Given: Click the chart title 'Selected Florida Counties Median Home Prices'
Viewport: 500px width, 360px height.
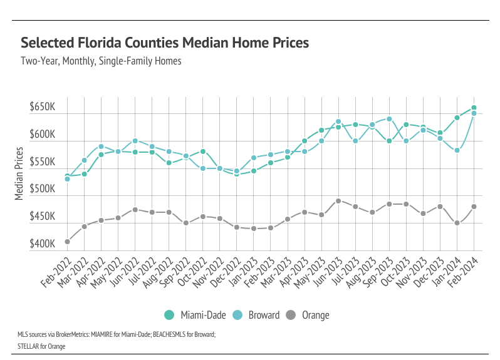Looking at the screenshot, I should tap(165, 43).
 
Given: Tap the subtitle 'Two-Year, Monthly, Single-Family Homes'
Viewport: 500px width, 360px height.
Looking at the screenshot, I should tap(101, 61).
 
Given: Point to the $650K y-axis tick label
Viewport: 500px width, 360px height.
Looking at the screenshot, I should tap(42, 108).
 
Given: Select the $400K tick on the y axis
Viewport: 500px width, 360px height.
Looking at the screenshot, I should tap(42, 244).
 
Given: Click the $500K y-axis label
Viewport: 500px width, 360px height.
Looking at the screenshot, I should tap(42, 189).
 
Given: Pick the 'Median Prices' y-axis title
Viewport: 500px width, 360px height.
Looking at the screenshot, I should tap(19, 173).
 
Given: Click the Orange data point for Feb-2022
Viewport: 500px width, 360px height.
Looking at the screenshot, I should tap(67, 242).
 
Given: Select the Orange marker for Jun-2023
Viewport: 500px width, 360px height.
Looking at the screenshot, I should tap(338, 201).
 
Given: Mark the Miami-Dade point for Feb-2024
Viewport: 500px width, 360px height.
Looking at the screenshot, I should tap(474, 108).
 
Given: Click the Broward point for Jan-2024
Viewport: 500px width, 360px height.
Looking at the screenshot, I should tap(457, 150).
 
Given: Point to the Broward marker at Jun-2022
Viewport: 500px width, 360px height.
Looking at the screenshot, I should tap(135, 141).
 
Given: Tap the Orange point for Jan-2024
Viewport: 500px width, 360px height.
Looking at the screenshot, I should tap(457, 223).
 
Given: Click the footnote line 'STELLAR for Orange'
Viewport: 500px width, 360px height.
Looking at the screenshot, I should tap(41, 346).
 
